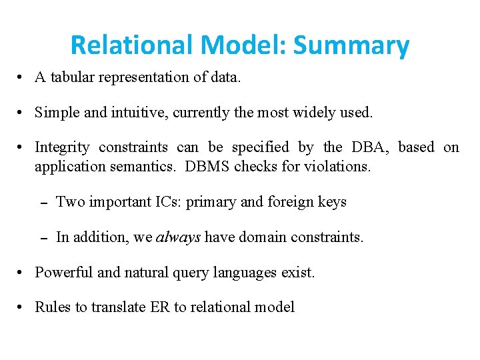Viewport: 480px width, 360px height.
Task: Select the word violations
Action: (x=337, y=167)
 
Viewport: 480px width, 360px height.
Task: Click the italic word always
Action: (x=178, y=237)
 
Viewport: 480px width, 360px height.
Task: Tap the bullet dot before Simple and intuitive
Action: (x=23, y=113)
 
